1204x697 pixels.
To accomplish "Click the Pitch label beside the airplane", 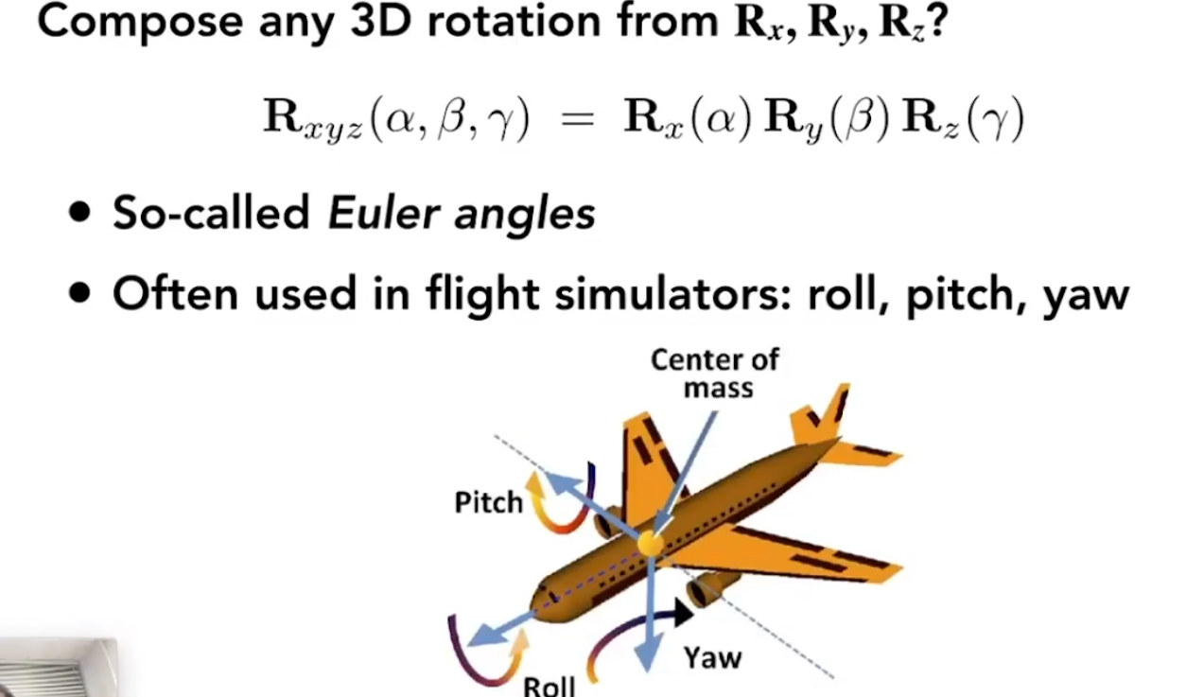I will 488,501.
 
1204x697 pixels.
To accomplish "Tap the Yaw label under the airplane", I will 711,657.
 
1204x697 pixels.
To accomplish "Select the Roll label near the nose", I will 549,685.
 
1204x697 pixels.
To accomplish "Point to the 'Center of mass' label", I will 715,373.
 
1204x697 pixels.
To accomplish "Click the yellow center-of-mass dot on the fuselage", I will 649,543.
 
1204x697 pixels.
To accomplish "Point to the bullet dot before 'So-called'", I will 82,212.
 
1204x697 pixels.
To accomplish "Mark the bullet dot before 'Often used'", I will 82,293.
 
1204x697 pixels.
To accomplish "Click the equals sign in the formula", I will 577,120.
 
